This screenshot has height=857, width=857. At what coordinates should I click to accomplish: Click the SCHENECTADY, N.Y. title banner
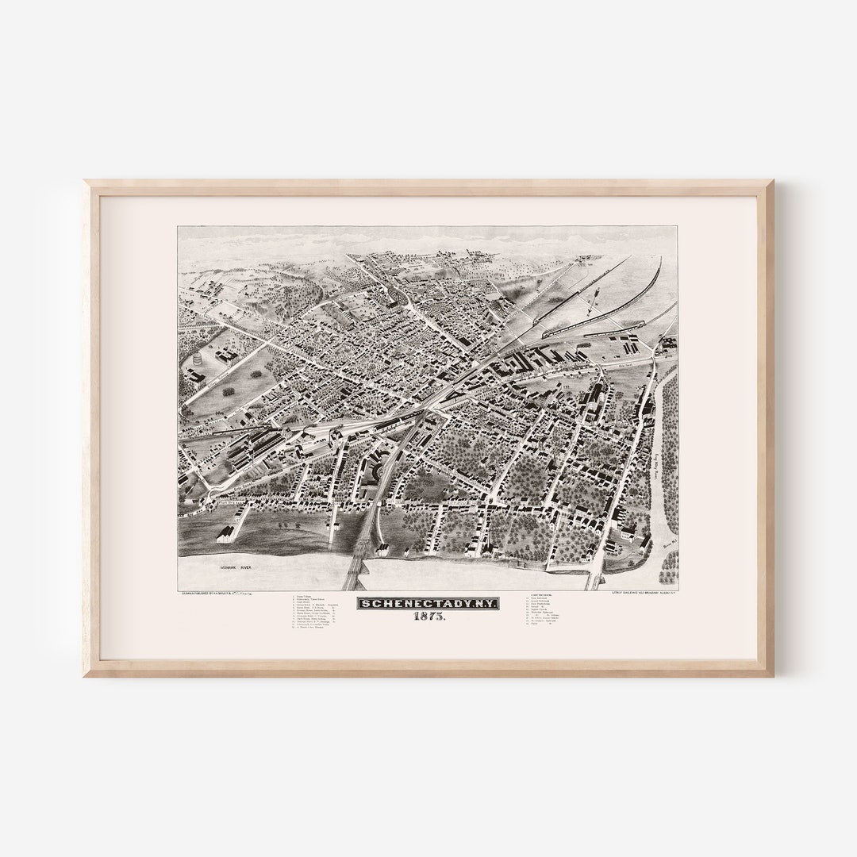point(428,604)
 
